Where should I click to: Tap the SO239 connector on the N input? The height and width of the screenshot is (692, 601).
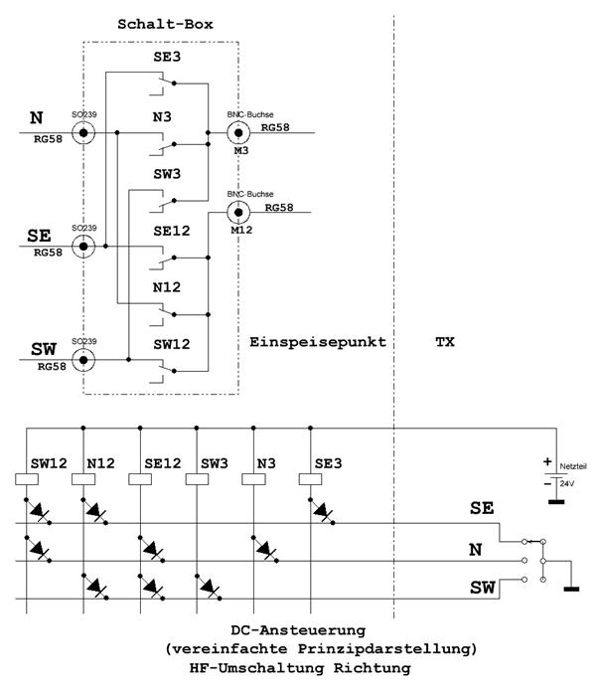tap(85, 132)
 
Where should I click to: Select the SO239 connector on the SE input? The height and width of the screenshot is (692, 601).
tap(85, 246)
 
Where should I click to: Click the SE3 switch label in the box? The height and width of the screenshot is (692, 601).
tap(165, 60)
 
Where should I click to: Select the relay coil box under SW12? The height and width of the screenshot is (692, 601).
tap(29, 478)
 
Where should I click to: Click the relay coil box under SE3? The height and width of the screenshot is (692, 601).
tap(311, 478)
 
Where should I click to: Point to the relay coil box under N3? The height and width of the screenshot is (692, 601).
tap(254, 478)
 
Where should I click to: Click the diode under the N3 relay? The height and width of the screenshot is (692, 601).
tap(265, 549)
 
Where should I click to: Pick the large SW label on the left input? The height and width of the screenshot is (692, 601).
tap(42, 349)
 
